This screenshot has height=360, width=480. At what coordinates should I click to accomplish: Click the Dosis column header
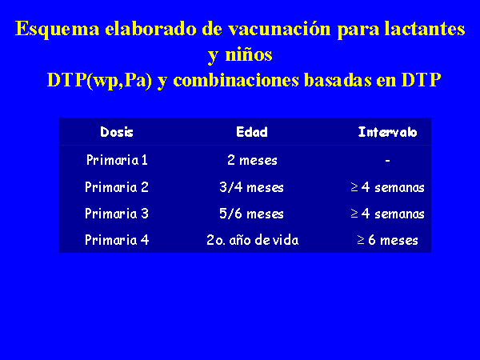117,132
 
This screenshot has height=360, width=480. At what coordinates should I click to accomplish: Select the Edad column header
252,132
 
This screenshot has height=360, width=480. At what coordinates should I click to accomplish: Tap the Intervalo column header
387,132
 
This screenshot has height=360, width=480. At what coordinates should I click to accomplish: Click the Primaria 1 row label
117,160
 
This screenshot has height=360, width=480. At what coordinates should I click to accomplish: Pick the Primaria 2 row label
117,187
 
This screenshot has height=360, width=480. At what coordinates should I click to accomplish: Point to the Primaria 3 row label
117,214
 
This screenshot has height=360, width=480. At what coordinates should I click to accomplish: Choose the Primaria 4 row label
117,240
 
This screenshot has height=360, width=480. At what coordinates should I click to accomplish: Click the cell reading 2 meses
252,160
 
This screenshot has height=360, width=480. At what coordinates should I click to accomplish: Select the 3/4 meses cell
252,187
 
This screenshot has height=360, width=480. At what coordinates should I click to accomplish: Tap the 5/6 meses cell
252,214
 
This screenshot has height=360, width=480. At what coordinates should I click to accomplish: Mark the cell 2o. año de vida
253,240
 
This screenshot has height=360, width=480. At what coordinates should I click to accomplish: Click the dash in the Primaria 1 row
387,160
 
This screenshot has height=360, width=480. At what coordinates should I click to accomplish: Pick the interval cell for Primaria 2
387,187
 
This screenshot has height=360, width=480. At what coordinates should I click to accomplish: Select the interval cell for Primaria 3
387,214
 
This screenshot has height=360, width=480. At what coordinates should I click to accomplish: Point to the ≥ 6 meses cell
387,240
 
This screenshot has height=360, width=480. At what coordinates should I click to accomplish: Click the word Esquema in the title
58,30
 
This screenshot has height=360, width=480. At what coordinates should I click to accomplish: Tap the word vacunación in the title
279,29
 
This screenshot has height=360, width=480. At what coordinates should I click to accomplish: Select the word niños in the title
249,55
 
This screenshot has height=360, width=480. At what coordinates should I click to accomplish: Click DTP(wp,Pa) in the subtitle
99,81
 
